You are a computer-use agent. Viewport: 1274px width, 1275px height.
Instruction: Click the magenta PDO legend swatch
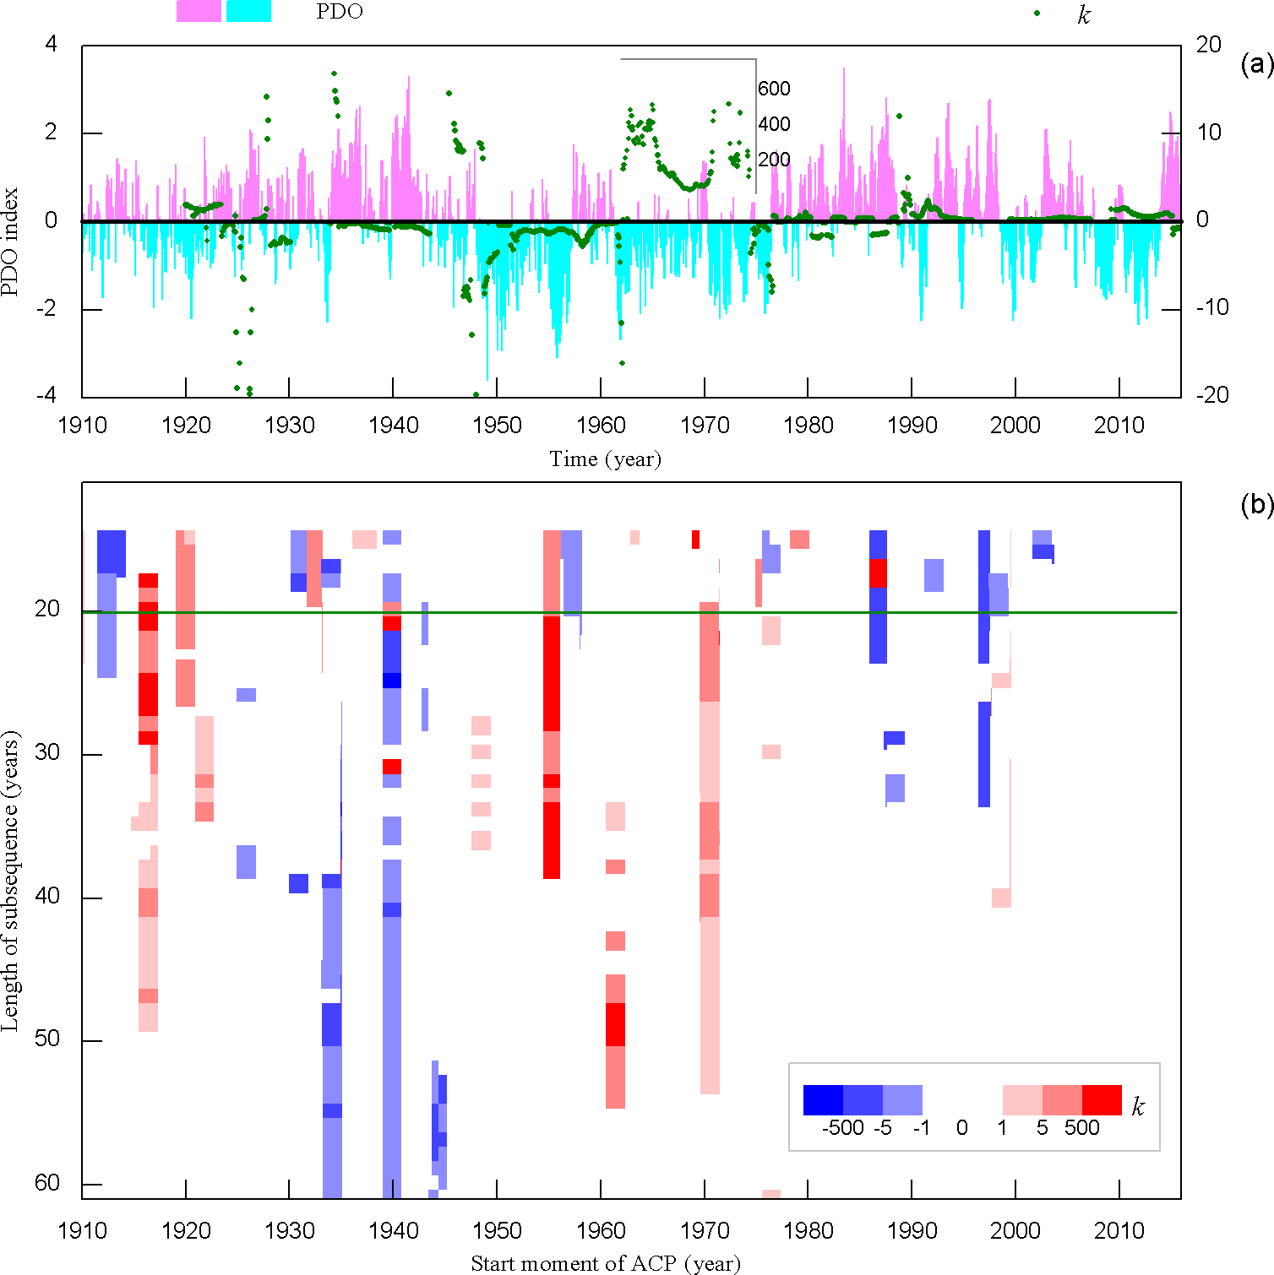(x=199, y=11)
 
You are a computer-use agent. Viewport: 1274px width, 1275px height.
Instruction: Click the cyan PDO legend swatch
(x=248, y=11)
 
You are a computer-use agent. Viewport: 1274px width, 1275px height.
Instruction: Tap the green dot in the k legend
(x=1037, y=14)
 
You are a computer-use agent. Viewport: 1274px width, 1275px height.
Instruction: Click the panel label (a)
(x=1256, y=64)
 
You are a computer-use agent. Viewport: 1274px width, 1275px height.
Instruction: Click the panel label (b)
(x=1256, y=504)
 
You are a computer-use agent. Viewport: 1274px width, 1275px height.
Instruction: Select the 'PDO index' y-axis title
(x=10, y=242)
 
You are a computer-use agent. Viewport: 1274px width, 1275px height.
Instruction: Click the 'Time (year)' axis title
(x=605, y=458)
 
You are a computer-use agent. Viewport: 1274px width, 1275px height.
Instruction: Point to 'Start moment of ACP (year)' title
(x=605, y=1263)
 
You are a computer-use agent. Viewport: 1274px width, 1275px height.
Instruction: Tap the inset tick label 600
(x=774, y=89)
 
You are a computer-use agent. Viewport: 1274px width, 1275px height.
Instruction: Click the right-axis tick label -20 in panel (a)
(x=1212, y=395)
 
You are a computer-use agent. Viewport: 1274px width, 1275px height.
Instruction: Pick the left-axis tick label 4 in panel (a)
(x=52, y=44)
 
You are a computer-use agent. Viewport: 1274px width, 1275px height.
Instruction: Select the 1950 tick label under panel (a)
(x=497, y=425)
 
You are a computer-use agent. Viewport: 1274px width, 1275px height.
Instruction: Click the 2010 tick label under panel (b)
(x=1119, y=1230)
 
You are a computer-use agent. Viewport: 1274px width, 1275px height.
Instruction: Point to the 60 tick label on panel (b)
(x=47, y=1183)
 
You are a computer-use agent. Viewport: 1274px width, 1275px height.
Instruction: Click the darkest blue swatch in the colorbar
(x=823, y=1100)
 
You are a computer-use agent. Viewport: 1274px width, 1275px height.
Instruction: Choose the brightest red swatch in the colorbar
(x=1102, y=1100)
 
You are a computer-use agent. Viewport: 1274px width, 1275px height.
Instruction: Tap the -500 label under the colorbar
(x=842, y=1128)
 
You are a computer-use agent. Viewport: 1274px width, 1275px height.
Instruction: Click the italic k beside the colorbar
(x=1138, y=1107)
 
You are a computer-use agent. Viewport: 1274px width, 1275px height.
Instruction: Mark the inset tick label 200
(x=774, y=160)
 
